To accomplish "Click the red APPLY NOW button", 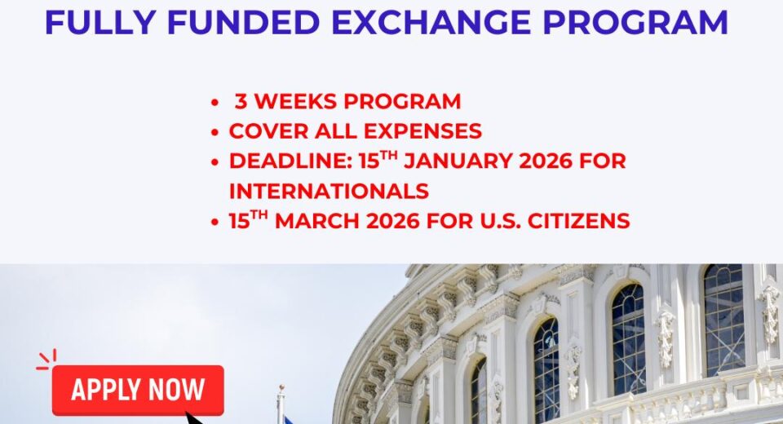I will (x=137, y=390).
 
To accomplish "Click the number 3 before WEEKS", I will (x=240, y=102).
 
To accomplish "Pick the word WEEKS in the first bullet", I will (x=293, y=102).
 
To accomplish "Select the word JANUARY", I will (x=462, y=161).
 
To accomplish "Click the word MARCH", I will (x=323, y=221).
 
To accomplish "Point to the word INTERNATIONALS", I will (x=329, y=192).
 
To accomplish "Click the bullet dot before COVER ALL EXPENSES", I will (x=215, y=132).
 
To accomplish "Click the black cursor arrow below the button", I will (x=194, y=418).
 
